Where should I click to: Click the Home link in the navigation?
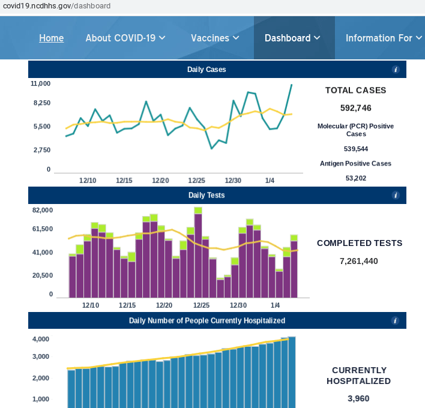(x=51, y=38)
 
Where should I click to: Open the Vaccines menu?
(x=215, y=38)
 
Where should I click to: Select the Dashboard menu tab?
(x=292, y=38)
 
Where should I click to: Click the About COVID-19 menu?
(x=125, y=38)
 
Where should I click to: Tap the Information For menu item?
(x=383, y=38)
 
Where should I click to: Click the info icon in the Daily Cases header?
(x=396, y=70)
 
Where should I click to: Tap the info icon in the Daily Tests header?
(x=396, y=196)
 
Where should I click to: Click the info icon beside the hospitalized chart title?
(x=396, y=321)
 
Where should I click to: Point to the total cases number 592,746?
(x=355, y=108)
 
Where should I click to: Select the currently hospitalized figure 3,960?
(x=358, y=398)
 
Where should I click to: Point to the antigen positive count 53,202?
(x=355, y=178)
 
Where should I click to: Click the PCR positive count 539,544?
(x=355, y=149)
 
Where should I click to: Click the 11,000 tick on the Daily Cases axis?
(x=41, y=84)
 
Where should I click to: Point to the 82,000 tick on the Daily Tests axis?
(x=43, y=210)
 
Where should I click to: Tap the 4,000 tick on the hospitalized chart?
(x=40, y=339)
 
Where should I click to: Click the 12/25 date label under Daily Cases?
(x=197, y=181)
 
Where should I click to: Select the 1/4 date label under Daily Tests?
(x=275, y=305)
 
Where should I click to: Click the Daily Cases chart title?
(x=206, y=70)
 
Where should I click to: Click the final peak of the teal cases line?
(x=292, y=85)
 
